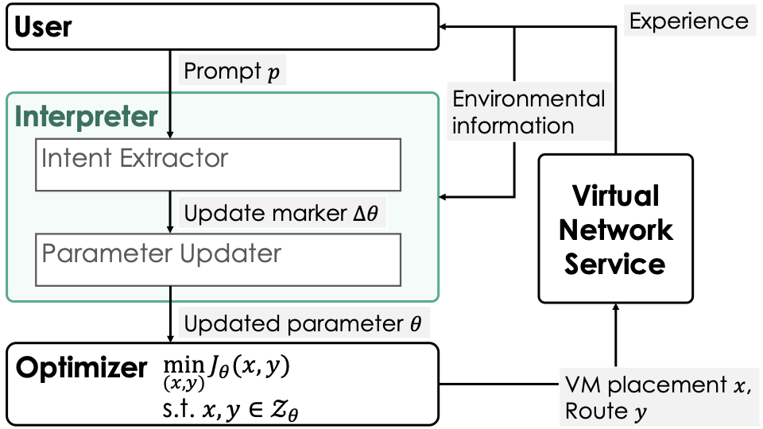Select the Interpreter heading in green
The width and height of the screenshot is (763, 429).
87,117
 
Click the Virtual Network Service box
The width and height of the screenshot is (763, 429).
615,229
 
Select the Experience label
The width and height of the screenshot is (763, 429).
688,21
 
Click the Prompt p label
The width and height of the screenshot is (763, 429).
231,71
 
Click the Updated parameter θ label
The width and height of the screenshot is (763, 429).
306,323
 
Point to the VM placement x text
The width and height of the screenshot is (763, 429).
656,385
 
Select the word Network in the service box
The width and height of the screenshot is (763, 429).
615,230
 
